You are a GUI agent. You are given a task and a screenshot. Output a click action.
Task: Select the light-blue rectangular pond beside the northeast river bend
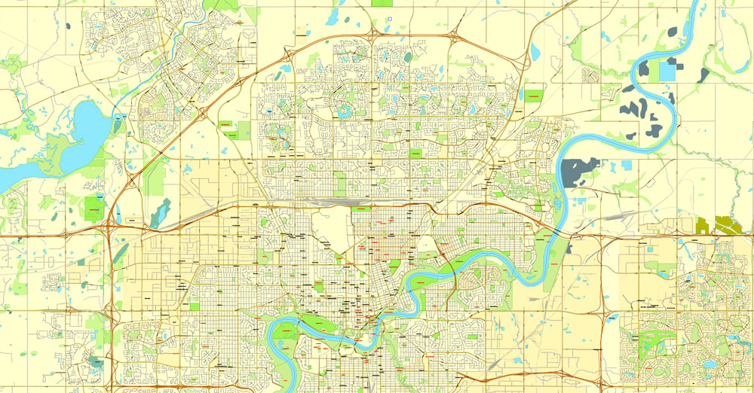click(668, 70)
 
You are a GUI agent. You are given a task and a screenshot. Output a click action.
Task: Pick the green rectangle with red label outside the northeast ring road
click(533, 96)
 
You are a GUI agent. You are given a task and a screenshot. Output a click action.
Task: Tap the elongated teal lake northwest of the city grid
click(160, 212)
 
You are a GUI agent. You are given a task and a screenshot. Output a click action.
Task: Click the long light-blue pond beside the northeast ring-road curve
click(535, 51)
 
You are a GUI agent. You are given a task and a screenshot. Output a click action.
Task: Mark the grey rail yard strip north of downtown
click(332, 202)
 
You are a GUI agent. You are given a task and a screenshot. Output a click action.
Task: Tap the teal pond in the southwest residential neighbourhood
click(94, 361)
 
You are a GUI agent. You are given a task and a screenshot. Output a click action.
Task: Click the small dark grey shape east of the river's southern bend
click(569, 247)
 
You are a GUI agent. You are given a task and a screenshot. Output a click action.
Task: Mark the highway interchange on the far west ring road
click(111, 226)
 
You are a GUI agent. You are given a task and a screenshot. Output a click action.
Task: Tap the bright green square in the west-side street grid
click(195, 306)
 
